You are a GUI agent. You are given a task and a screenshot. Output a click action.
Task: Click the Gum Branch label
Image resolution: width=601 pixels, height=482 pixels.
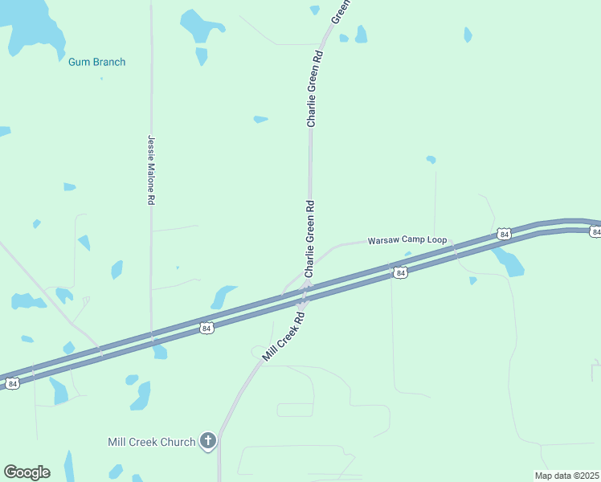(x=96, y=62)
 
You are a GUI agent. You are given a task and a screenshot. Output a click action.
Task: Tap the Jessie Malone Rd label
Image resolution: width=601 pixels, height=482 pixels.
(x=150, y=170)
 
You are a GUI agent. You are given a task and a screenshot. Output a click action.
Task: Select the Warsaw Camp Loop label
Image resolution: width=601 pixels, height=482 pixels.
(x=407, y=240)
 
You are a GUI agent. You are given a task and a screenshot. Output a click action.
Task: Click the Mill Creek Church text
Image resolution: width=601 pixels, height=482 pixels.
(x=152, y=442)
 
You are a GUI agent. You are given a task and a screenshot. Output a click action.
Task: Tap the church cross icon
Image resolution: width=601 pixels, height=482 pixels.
(x=208, y=440)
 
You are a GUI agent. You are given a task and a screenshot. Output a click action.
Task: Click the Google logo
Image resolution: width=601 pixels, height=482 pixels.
(x=27, y=472)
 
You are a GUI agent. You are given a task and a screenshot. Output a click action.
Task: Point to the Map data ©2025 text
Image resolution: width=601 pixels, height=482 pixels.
(x=566, y=476)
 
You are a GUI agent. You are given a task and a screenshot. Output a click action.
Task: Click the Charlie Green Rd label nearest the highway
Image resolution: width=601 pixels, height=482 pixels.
(x=309, y=239)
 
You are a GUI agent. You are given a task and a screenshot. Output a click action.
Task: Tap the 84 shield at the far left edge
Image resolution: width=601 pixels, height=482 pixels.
(x=12, y=384)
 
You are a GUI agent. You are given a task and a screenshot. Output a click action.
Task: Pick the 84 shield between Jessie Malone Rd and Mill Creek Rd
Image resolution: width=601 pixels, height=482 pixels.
(x=206, y=328)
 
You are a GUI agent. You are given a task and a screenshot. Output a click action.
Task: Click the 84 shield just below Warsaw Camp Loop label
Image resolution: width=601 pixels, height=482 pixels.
(x=400, y=273)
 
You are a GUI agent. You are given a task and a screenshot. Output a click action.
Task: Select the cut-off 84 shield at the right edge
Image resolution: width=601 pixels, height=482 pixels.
(x=595, y=231)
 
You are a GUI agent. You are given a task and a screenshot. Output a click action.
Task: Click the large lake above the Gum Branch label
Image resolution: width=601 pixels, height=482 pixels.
(x=32, y=28)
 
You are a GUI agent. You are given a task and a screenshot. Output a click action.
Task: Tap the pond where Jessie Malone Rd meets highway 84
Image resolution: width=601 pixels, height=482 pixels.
(x=160, y=352)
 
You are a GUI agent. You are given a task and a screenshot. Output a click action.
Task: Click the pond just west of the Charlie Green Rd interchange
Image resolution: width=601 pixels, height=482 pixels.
(x=223, y=296)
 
